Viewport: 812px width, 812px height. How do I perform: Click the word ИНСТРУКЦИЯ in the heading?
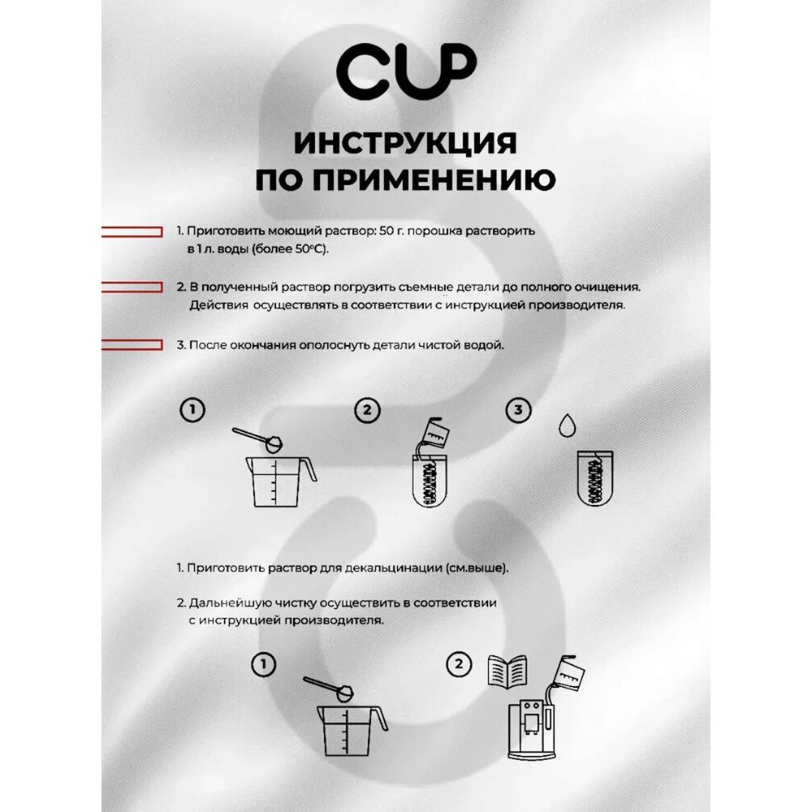pos(405,144)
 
